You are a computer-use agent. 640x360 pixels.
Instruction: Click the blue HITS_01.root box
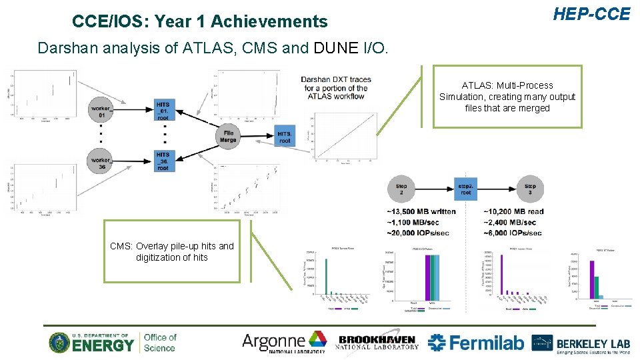pos(163,111)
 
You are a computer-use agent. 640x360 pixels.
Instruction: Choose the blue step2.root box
pos(465,189)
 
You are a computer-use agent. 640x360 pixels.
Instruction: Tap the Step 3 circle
pos(530,189)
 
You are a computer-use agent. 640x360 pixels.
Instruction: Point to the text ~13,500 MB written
pos(421,211)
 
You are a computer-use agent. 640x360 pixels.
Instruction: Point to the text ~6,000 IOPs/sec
pos(513,233)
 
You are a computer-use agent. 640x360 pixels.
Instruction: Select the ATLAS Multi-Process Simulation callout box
pos(507,97)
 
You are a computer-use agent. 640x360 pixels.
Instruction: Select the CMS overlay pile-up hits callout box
pos(172,251)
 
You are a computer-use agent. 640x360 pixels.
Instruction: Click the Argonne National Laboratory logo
pos(283,343)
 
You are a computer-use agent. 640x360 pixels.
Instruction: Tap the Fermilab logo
pos(476,343)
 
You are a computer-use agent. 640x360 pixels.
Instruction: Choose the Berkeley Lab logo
pos(581,343)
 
